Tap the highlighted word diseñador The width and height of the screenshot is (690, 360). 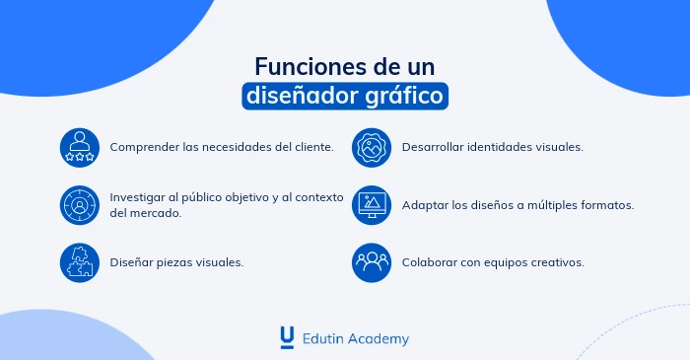coord(303,97)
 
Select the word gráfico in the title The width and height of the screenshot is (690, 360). coord(406,97)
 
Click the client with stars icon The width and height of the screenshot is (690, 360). coord(79,146)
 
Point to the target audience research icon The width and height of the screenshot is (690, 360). coord(79,204)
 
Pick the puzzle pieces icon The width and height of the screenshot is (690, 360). coord(79,262)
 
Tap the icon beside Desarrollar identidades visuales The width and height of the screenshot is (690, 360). coord(372,146)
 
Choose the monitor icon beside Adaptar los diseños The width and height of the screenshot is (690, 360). coord(372,204)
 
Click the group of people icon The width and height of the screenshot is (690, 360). coord(372,262)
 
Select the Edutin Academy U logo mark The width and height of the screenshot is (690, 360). coord(287,337)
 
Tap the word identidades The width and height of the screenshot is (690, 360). coord(503,147)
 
